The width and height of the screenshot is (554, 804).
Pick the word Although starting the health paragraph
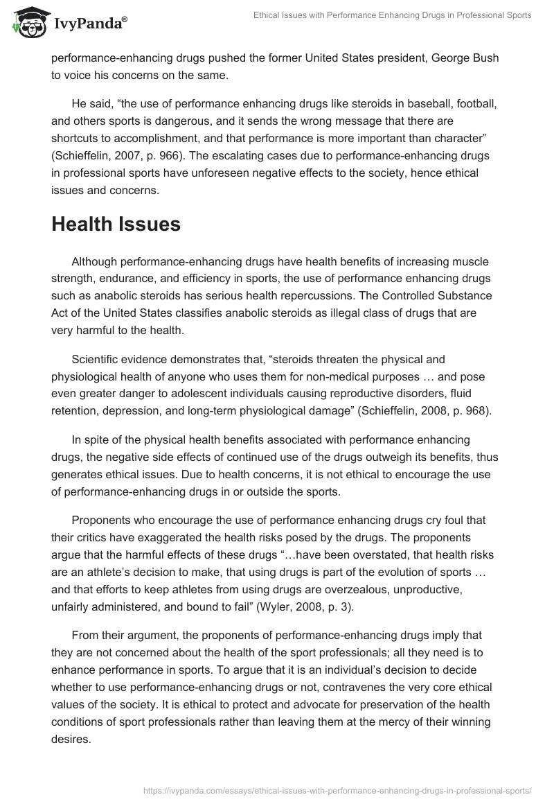[x=93, y=262]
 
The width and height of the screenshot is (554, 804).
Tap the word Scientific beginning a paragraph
[x=96, y=359]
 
